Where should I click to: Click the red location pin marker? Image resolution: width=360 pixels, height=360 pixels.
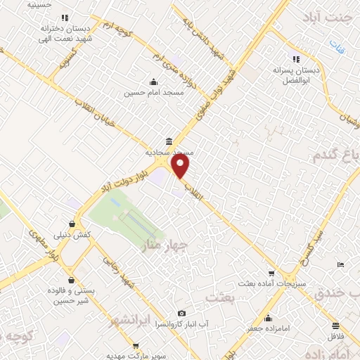(x=181, y=166)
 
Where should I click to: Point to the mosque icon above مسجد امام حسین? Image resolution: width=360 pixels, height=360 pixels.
(x=153, y=82)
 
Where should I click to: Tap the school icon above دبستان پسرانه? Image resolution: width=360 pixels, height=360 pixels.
(x=296, y=60)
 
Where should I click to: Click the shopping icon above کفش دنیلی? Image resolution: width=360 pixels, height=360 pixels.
(x=74, y=224)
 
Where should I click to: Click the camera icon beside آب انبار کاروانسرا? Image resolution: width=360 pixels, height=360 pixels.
(x=182, y=314)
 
